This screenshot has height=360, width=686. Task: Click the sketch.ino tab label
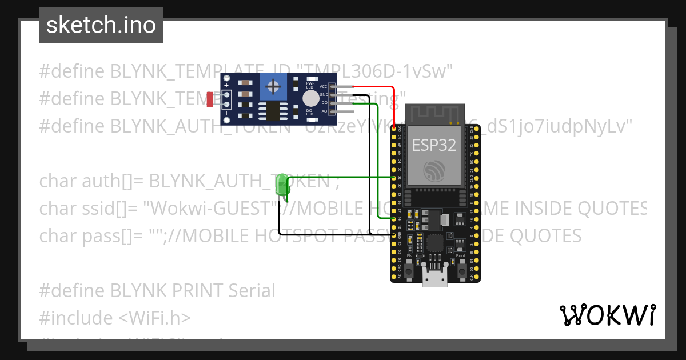[101, 25]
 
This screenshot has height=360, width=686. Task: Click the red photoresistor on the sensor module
[210, 100]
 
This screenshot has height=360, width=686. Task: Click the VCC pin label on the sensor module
[323, 86]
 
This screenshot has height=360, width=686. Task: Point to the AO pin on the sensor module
[324, 111]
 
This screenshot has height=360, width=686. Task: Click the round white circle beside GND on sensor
[310, 98]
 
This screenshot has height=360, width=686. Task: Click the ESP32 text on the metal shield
[434, 145]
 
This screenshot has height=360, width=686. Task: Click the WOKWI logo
[607, 315]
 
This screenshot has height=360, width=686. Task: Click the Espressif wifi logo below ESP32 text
[434, 171]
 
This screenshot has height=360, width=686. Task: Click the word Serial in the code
[252, 290]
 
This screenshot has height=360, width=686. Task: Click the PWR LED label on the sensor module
[311, 85]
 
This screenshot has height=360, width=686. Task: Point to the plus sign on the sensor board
[226, 86]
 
